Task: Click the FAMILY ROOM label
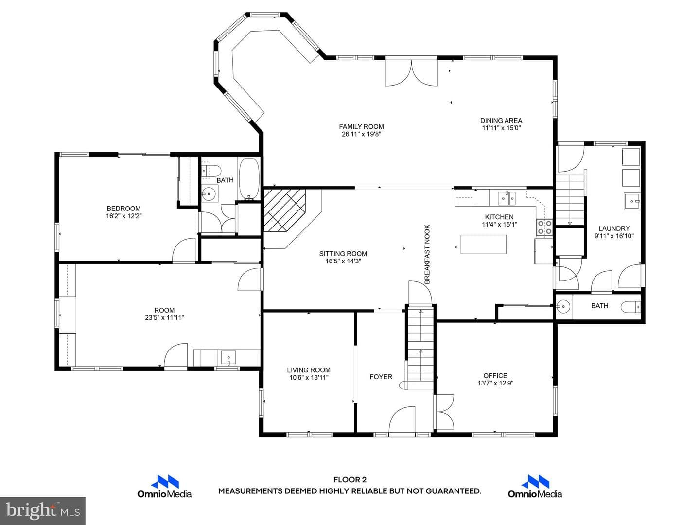361,126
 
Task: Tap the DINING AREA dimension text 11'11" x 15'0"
501,128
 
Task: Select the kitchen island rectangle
484,244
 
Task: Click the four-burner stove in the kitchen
545,227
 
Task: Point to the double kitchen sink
507,198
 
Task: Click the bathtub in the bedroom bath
249,179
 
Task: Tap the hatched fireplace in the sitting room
284,210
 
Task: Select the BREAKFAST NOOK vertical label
427,254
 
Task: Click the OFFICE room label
495,375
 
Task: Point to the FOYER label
381,377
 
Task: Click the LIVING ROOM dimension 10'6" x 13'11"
308,378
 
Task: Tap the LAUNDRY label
614,228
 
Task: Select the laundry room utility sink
631,201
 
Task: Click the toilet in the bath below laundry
630,307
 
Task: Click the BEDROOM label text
123,209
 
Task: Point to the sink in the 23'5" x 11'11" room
228,358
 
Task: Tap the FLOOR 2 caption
350,480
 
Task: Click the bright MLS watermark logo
43,511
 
